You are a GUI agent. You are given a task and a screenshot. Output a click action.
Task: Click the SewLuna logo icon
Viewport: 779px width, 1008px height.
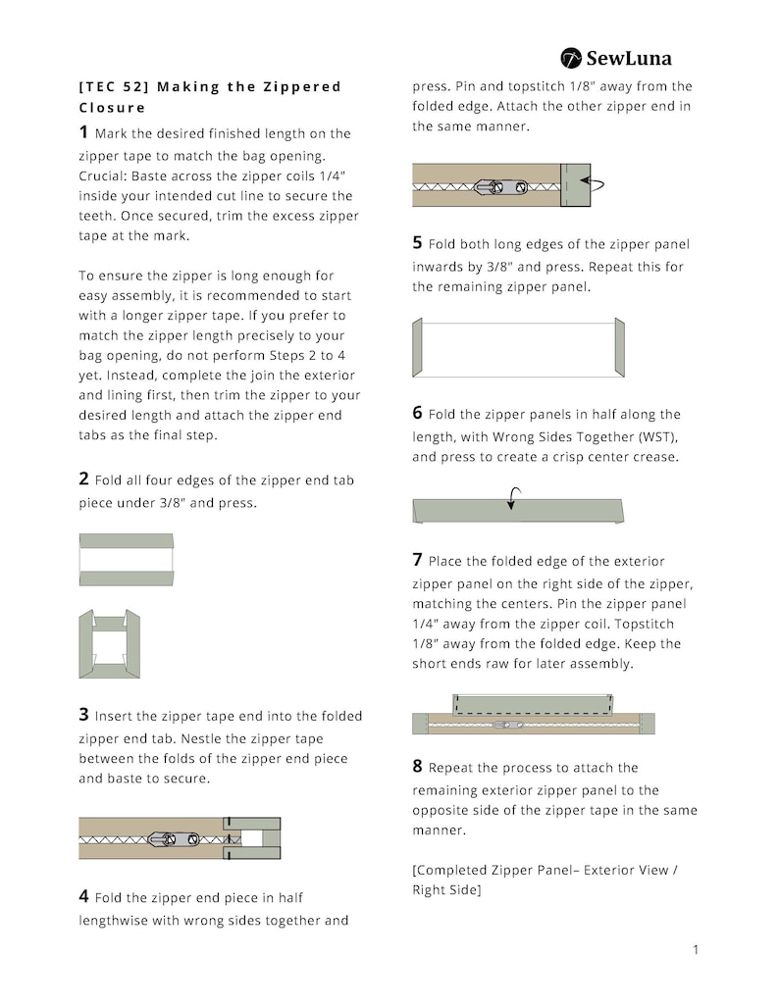pyautogui.click(x=571, y=58)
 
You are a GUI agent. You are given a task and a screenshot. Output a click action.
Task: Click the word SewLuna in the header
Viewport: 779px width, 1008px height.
pyautogui.click(x=629, y=59)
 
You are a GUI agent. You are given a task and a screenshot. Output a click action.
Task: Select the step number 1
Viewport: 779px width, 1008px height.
pyautogui.click(x=83, y=131)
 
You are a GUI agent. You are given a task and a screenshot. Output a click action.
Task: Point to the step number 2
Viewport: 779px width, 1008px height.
pyautogui.click(x=83, y=479)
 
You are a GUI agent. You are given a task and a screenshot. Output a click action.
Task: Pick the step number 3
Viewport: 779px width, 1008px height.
pyautogui.click(x=83, y=714)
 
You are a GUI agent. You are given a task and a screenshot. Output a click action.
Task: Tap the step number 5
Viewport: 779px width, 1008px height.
pyautogui.click(x=418, y=242)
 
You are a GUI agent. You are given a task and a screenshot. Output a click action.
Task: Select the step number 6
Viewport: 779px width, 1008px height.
pyautogui.click(x=418, y=413)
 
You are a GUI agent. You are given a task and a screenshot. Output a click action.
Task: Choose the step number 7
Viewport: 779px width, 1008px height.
pyautogui.click(x=418, y=559)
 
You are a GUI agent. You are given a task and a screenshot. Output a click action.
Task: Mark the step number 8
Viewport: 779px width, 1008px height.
pyautogui.click(x=418, y=766)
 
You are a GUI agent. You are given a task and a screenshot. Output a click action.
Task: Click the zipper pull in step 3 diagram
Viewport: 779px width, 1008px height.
pyautogui.click(x=173, y=839)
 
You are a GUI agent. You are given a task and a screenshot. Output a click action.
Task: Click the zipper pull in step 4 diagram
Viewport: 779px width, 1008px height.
pyautogui.click(x=500, y=187)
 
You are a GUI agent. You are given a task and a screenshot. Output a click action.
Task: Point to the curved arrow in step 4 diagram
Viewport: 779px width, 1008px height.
pyautogui.click(x=593, y=184)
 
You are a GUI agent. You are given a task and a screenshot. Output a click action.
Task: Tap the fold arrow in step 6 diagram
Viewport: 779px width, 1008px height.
pyautogui.click(x=513, y=498)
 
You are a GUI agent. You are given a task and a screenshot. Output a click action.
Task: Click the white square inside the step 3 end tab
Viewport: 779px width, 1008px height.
pyautogui.click(x=251, y=838)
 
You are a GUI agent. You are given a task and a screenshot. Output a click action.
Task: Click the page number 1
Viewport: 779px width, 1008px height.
pyautogui.click(x=696, y=949)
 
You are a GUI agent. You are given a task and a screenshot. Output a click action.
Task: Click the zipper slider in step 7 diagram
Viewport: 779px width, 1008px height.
pyautogui.click(x=507, y=726)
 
